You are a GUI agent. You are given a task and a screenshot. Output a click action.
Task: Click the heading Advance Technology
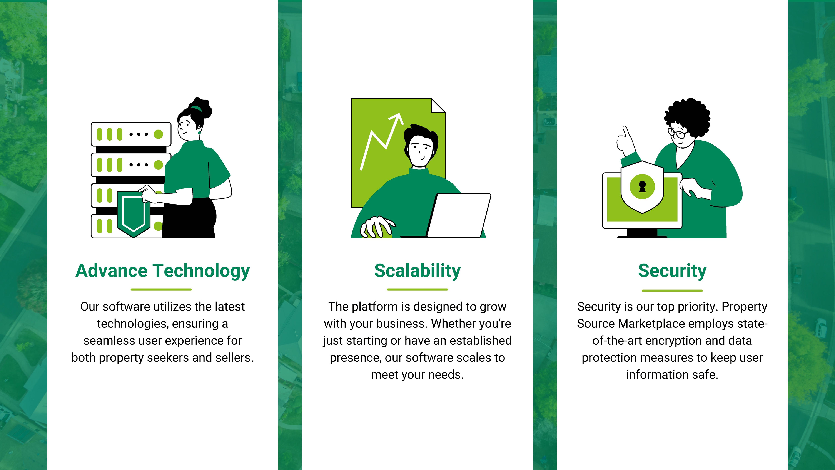pos(162,271)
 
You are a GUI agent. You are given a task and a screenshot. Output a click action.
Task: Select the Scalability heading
pos(417,271)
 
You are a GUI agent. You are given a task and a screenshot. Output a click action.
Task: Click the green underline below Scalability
pos(417,289)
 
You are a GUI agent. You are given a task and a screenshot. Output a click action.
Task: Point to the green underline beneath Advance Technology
pos(161,289)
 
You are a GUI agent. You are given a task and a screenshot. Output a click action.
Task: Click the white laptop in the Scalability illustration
pos(459,216)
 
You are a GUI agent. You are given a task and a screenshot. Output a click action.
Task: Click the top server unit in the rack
pos(131,134)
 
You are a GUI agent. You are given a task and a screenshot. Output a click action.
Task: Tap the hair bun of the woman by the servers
pos(200,107)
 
